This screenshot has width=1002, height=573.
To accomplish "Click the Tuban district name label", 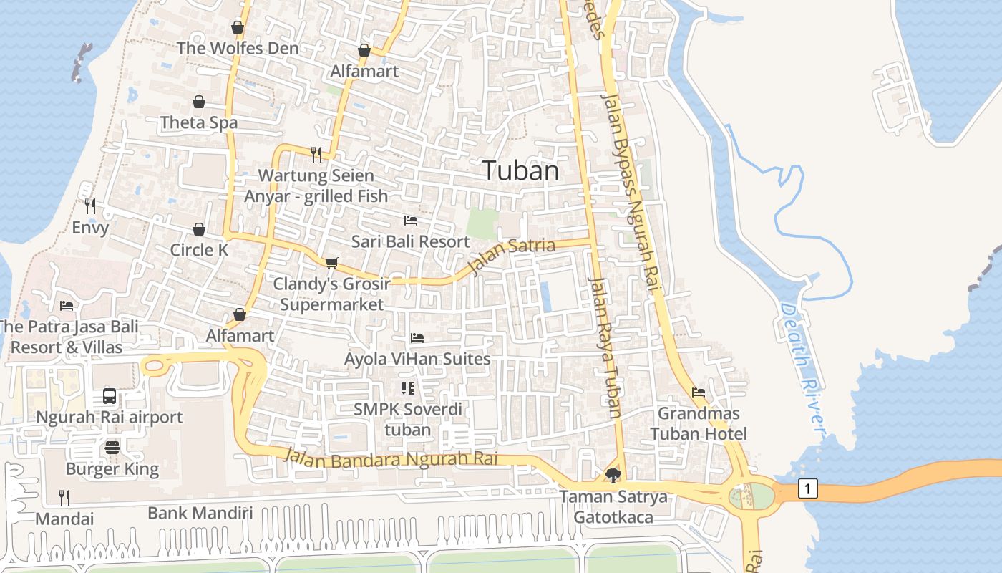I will click(x=520, y=171).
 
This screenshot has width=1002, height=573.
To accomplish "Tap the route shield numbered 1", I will click(x=808, y=489).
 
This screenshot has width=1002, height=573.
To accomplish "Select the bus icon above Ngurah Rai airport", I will click(x=110, y=395).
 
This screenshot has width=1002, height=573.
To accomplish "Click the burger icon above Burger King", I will click(x=112, y=448).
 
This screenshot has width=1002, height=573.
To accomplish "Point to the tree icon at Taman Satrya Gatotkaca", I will click(x=613, y=474).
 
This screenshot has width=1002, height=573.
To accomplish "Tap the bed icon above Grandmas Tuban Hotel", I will click(x=699, y=392).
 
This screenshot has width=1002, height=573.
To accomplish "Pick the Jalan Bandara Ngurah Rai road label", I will click(x=390, y=458).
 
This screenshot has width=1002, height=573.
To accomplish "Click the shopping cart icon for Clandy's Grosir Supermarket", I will click(x=331, y=263).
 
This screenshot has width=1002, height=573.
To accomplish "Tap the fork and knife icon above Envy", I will click(x=90, y=206).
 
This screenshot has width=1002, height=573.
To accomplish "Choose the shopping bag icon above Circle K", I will click(x=199, y=229).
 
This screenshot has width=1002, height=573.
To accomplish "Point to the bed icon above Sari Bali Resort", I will click(x=411, y=220).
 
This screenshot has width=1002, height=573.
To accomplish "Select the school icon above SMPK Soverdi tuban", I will click(x=408, y=388).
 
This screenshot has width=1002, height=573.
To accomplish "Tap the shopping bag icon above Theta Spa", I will click(x=199, y=102).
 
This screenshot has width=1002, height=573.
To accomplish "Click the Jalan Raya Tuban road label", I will click(x=605, y=347).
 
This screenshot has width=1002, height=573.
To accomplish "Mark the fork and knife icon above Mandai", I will click(x=64, y=497).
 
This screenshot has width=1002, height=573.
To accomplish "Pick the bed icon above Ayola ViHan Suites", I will click(x=417, y=337).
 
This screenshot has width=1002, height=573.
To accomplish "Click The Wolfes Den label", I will click(x=238, y=49).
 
